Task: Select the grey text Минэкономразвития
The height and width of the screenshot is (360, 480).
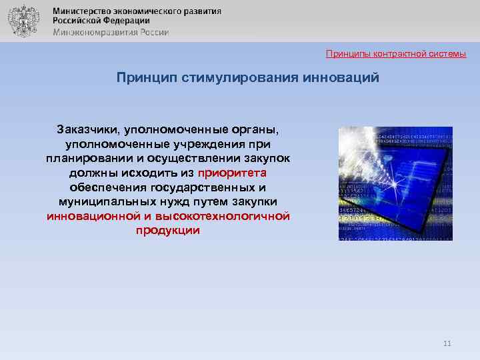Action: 92,31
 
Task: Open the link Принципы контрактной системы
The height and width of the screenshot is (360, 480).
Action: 396,53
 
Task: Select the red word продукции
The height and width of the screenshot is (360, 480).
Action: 168,231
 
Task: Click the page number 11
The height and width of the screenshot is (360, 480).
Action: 447,343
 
